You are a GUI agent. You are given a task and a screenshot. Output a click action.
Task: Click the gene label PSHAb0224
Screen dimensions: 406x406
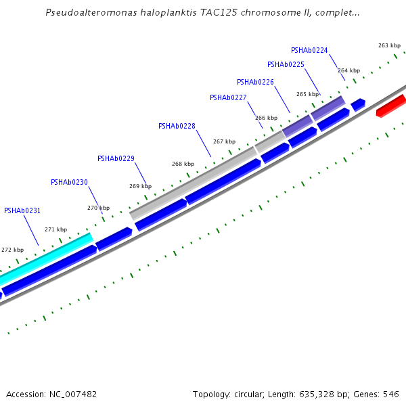coord(309,50)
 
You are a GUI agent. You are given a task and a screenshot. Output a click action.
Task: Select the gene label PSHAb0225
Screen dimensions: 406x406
coord(286,65)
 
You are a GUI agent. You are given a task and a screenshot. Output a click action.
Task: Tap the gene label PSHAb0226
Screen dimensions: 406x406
coord(255,82)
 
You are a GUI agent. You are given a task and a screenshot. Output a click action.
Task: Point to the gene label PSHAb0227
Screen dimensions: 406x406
coord(228,97)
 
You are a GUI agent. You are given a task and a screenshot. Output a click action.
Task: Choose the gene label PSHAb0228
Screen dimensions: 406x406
coord(177,126)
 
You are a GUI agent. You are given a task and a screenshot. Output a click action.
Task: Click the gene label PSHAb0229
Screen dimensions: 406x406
coord(116,158)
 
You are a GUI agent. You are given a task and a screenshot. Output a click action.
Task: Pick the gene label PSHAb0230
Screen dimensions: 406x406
coord(69,182)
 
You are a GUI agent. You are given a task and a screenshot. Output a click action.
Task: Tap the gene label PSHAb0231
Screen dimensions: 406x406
coord(22,210)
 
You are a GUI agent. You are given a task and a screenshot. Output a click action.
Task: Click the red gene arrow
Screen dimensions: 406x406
coord(390,106)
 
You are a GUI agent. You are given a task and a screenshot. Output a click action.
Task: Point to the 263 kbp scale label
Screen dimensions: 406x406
coord(389,45)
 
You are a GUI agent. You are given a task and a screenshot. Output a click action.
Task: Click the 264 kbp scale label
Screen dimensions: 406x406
coord(348,70)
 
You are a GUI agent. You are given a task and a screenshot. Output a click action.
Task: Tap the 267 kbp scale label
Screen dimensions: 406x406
coord(224,141)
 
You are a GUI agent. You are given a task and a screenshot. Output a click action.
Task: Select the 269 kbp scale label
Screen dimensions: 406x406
coord(140,186)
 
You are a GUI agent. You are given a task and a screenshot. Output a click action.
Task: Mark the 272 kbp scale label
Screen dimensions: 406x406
coord(12,250)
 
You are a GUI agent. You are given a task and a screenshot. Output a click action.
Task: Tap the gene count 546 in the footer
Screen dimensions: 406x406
coord(391,394)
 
